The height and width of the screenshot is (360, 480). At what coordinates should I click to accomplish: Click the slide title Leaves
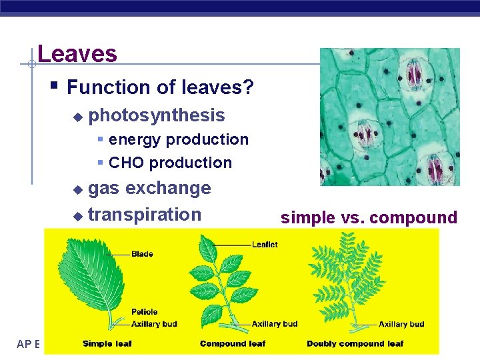(77, 53)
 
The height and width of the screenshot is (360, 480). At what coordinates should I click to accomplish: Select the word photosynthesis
(157, 115)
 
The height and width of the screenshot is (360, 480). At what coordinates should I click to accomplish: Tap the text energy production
(178, 139)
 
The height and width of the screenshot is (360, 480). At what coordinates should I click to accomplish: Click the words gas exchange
(149, 188)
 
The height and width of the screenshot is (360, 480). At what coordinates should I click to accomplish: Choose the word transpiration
(145, 214)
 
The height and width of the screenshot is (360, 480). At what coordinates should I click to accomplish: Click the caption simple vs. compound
(369, 217)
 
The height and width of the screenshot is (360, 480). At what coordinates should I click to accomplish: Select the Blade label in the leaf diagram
(142, 254)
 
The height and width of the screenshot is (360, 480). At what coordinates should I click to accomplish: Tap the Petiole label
(144, 311)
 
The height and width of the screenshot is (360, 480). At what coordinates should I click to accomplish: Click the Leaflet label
(265, 245)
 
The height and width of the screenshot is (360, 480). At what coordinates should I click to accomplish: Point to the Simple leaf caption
(107, 343)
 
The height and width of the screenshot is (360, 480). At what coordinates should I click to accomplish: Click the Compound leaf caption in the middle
(233, 343)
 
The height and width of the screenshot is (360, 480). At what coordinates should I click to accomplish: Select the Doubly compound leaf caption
(355, 343)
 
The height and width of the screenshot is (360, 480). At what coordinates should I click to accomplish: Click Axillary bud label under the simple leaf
(154, 324)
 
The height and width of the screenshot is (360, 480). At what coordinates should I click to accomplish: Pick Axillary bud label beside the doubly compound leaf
(401, 324)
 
